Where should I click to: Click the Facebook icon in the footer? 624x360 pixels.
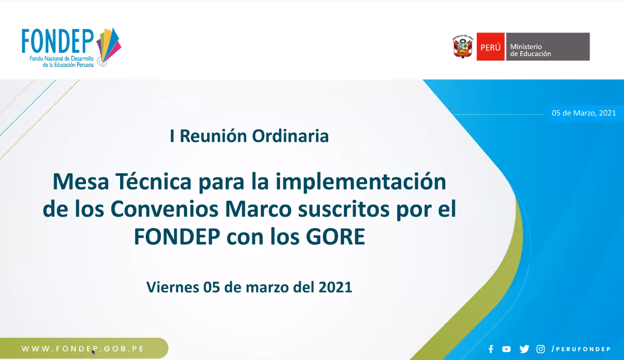(491, 349)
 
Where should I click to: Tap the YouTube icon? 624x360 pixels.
(506, 349)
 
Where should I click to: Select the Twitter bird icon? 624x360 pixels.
(524, 349)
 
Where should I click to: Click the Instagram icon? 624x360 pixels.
(541, 349)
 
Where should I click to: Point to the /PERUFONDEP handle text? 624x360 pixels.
(581, 349)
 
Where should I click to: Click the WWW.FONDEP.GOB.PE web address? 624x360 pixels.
(83, 349)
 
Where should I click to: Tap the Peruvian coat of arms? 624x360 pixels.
(463, 47)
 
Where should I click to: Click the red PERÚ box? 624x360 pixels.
(491, 47)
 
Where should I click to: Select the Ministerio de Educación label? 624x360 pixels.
(530, 50)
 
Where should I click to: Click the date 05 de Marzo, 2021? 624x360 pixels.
(584, 113)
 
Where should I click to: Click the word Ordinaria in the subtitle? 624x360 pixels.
(290, 136)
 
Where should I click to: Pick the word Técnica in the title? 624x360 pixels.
(154, 182)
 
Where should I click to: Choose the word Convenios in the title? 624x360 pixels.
(164, 209)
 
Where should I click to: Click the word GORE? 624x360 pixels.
(336, 236)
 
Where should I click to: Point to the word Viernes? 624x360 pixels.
(173, 287)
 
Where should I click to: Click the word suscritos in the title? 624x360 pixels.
(343, 209)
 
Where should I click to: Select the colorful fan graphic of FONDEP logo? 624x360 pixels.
(109, 46)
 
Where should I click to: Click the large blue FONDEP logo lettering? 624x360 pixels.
(58, 41)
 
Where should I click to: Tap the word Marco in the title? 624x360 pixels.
(258, 209)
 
